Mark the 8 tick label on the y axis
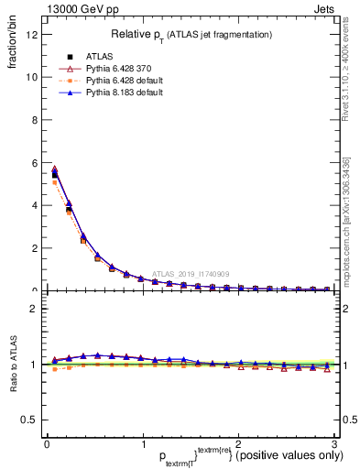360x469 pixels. [34, 120]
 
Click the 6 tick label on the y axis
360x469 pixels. [34, 163]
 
